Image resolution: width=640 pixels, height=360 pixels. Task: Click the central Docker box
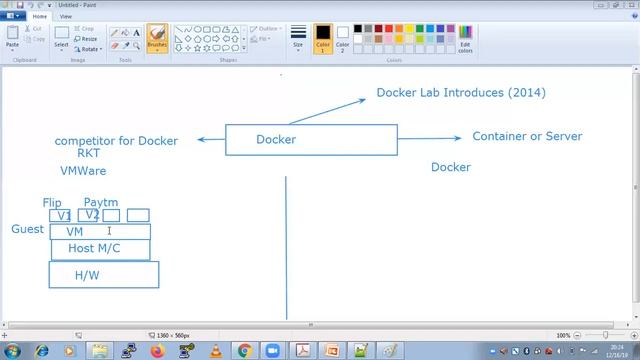pos(311,140)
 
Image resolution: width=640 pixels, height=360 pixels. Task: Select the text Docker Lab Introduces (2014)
pos(461,93)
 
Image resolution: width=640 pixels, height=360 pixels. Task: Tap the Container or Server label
pos(527,136)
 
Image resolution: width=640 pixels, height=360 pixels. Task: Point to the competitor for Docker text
pos(116,141)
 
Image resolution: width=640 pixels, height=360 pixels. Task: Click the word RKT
pos(89,154)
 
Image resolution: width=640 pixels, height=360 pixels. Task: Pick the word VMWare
pos(83,171)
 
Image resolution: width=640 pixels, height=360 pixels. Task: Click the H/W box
pos(104,274)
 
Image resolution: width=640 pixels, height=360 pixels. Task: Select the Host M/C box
pos(100,248)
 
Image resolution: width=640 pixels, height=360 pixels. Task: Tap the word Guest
pos(27,229)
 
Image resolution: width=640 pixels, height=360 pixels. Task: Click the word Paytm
pos(101,203)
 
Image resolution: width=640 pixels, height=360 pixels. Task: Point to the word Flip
pos(52,203)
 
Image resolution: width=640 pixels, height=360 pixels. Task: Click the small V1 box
pos(61,215)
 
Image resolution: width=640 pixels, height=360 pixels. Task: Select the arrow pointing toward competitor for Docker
pos(211,139)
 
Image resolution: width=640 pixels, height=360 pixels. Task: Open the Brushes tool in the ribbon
pos(157,38)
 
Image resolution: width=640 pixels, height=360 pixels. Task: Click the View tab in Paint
pos(66,16)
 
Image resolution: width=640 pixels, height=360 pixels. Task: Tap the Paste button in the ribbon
pos(13,38)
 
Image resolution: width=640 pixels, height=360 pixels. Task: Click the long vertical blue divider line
pos(287,250)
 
